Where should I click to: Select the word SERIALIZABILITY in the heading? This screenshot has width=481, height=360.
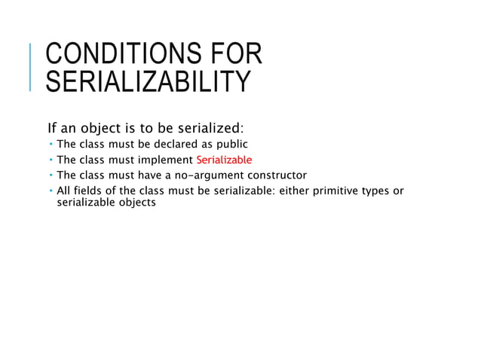tap(147, 81)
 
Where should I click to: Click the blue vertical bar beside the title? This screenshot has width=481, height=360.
tap(30, 68)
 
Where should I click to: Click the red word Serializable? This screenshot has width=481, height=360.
tap(224, 160)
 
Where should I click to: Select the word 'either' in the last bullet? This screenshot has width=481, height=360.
tap(296, 191)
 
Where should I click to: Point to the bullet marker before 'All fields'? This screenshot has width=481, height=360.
tap(51, 191)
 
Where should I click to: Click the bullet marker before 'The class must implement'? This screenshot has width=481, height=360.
tap(51, 160)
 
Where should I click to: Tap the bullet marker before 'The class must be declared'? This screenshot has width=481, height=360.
tap(51, 144)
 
